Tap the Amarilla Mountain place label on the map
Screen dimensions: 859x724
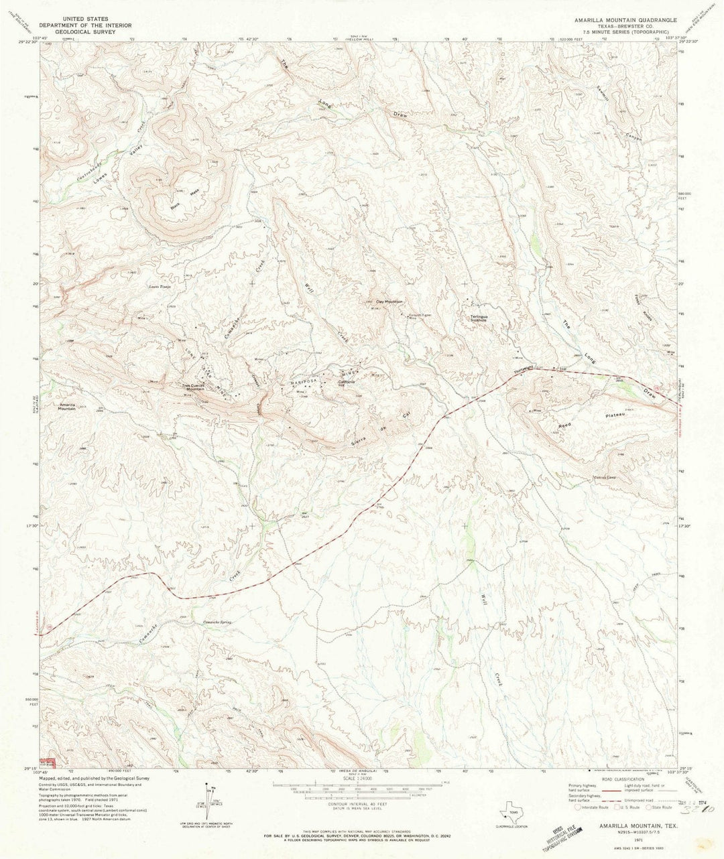click(x=67, y=407)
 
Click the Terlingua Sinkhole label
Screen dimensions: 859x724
click(x=481, y=320)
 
